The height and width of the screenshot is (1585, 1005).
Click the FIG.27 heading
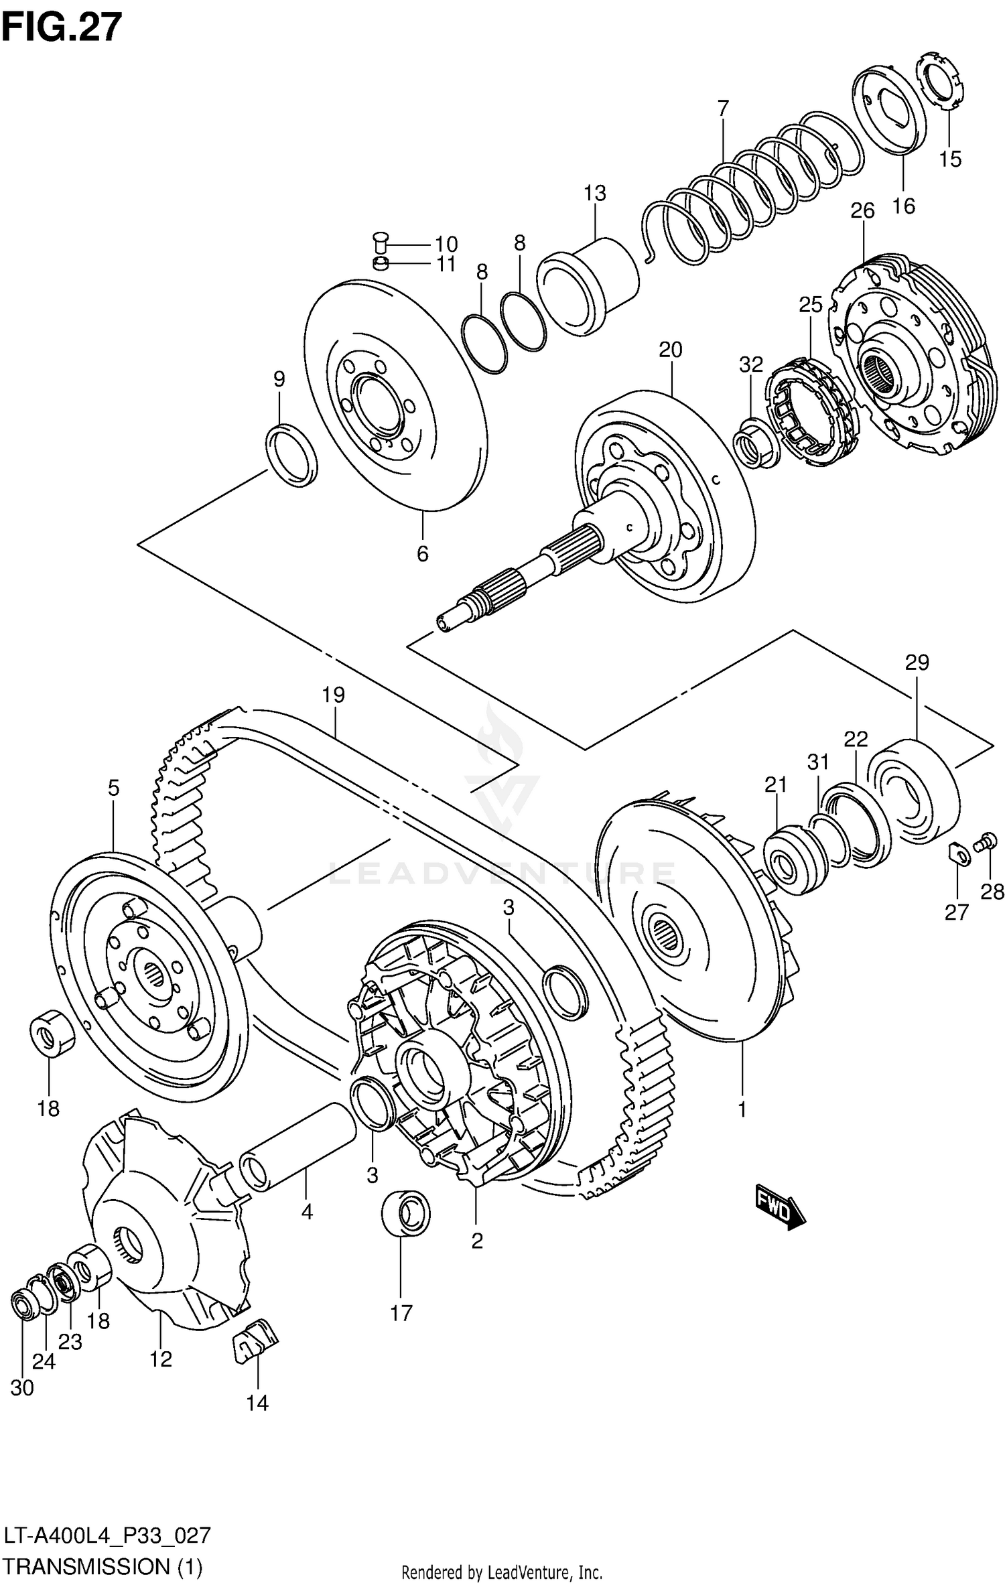(62, 27)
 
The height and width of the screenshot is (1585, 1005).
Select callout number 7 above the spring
(722, 108)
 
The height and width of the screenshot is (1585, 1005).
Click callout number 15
(950, 159)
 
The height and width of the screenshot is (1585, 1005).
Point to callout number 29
(917, 663)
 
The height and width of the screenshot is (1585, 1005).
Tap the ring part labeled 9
(291, 455)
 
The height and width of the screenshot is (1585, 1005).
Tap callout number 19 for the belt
(333, 695)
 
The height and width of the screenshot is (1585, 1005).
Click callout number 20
(670, 350)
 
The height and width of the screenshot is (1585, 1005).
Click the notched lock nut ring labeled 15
(938, 82)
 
